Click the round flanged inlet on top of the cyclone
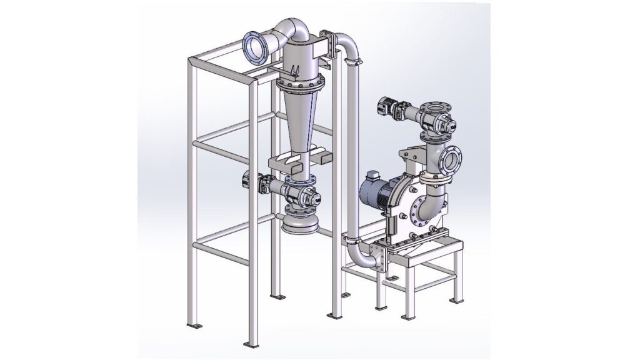point(256,47)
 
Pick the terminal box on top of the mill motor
point(373,177)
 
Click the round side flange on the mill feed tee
point(452,159)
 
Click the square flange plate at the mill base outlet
point(379,257)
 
